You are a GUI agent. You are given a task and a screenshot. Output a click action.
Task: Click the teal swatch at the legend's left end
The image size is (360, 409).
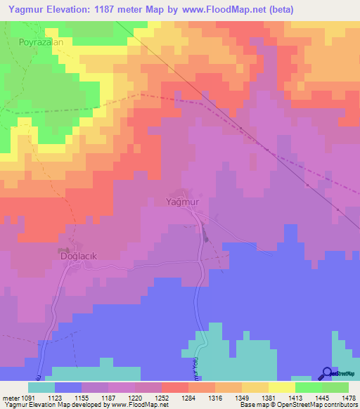click(41, 387)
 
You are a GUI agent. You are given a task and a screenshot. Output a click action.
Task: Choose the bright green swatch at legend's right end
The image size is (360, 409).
click(335, 387)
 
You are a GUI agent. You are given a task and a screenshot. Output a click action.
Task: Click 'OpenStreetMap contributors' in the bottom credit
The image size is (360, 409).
click(319, 405)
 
